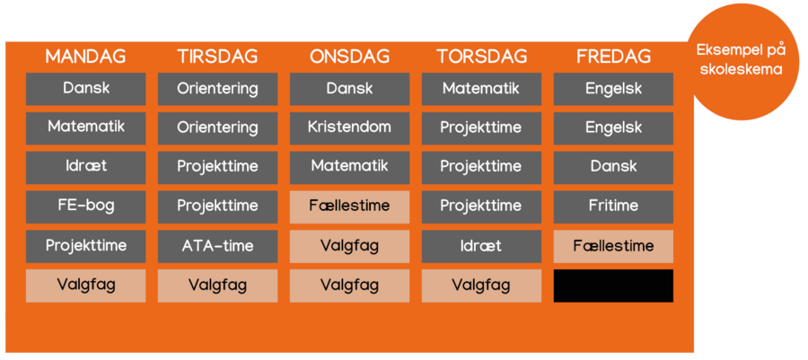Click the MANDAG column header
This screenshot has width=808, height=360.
click(85, 57)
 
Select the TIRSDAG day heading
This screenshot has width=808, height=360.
click(217, 57)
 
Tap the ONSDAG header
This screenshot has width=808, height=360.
click(349, 57)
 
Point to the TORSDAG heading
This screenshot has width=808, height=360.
click(482, 57)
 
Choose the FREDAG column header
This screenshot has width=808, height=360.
click(613, 57)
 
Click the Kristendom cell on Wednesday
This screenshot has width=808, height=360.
click(349, 128)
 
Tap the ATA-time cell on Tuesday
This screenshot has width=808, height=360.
click(217, 246)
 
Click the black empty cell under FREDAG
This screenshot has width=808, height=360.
click(613, 285)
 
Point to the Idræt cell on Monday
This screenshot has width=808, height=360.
click(85, 167)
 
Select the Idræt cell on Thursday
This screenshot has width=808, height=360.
click(482, 246)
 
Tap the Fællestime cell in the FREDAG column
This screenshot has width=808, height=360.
click(613, 246)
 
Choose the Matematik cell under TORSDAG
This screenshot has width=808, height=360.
click(482, 89)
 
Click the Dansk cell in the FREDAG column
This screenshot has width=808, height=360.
click(613, 167)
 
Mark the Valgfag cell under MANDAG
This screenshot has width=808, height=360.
click(85, 285)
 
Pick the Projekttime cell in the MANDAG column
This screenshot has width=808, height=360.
click(85, 246)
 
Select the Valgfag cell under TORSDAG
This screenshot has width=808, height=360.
click(482, 285)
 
